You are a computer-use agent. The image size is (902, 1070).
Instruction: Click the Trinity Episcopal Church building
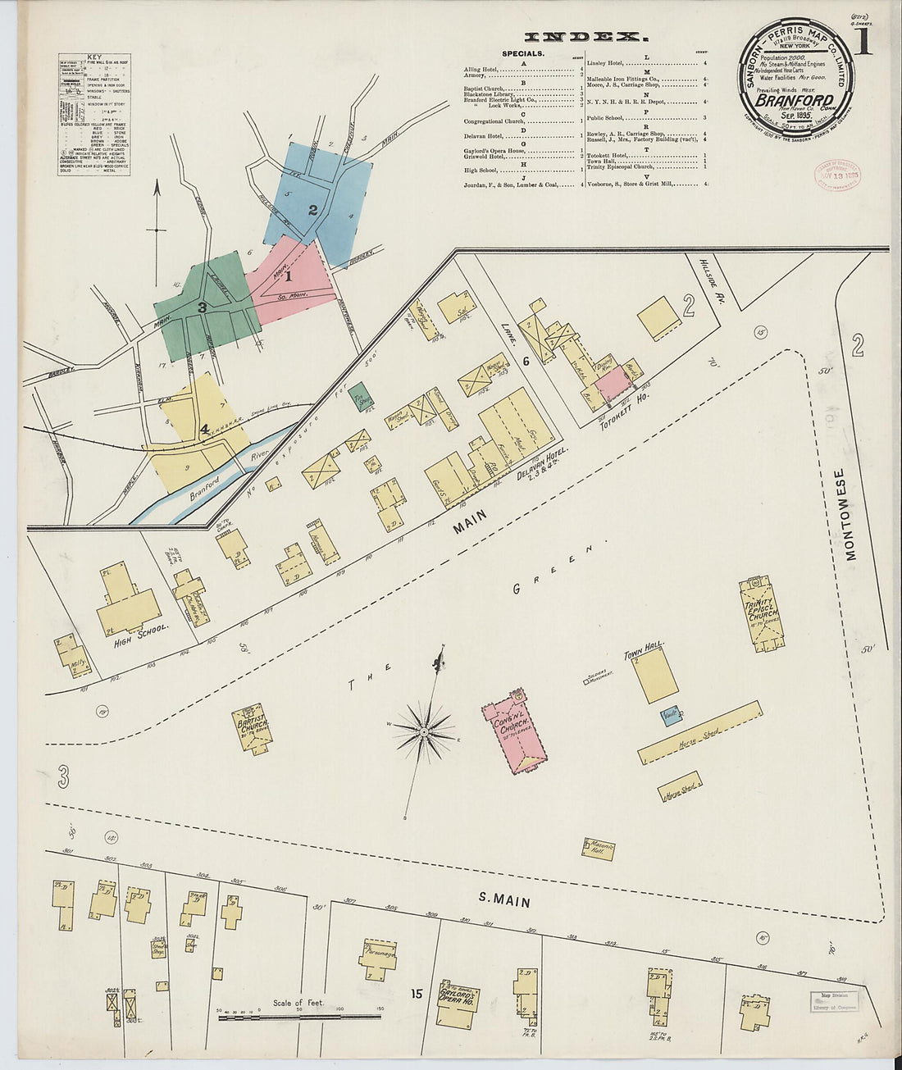click(762, 612)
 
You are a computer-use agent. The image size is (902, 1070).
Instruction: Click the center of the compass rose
click(423, 730)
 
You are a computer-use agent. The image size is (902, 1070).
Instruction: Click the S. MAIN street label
click(503, 901)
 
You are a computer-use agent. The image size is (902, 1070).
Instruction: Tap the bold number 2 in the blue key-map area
click(312, 209)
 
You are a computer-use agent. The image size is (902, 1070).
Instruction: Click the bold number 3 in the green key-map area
click(201, 307)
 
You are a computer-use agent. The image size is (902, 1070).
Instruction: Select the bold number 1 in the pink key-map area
click(288, 276)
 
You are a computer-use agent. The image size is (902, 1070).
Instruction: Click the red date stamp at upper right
click(836, 174)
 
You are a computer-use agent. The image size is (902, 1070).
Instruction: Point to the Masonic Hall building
click(599, 849)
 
